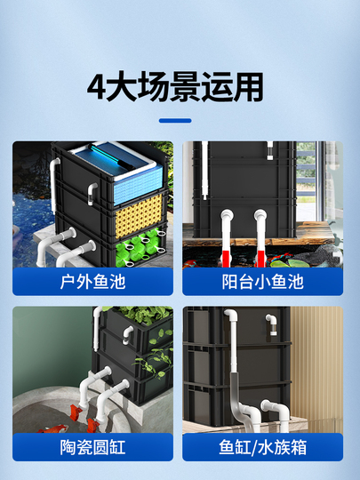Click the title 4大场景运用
175,87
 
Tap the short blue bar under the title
175,121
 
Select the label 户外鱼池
92,282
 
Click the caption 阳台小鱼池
262,282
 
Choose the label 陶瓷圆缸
92,447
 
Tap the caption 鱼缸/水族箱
262,447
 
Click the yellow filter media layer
139,215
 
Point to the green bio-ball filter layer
140,247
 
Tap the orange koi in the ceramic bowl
54,428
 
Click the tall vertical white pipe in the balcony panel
204,170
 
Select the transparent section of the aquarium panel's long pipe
235,388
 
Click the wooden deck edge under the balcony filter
254,242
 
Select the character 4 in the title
96,87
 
